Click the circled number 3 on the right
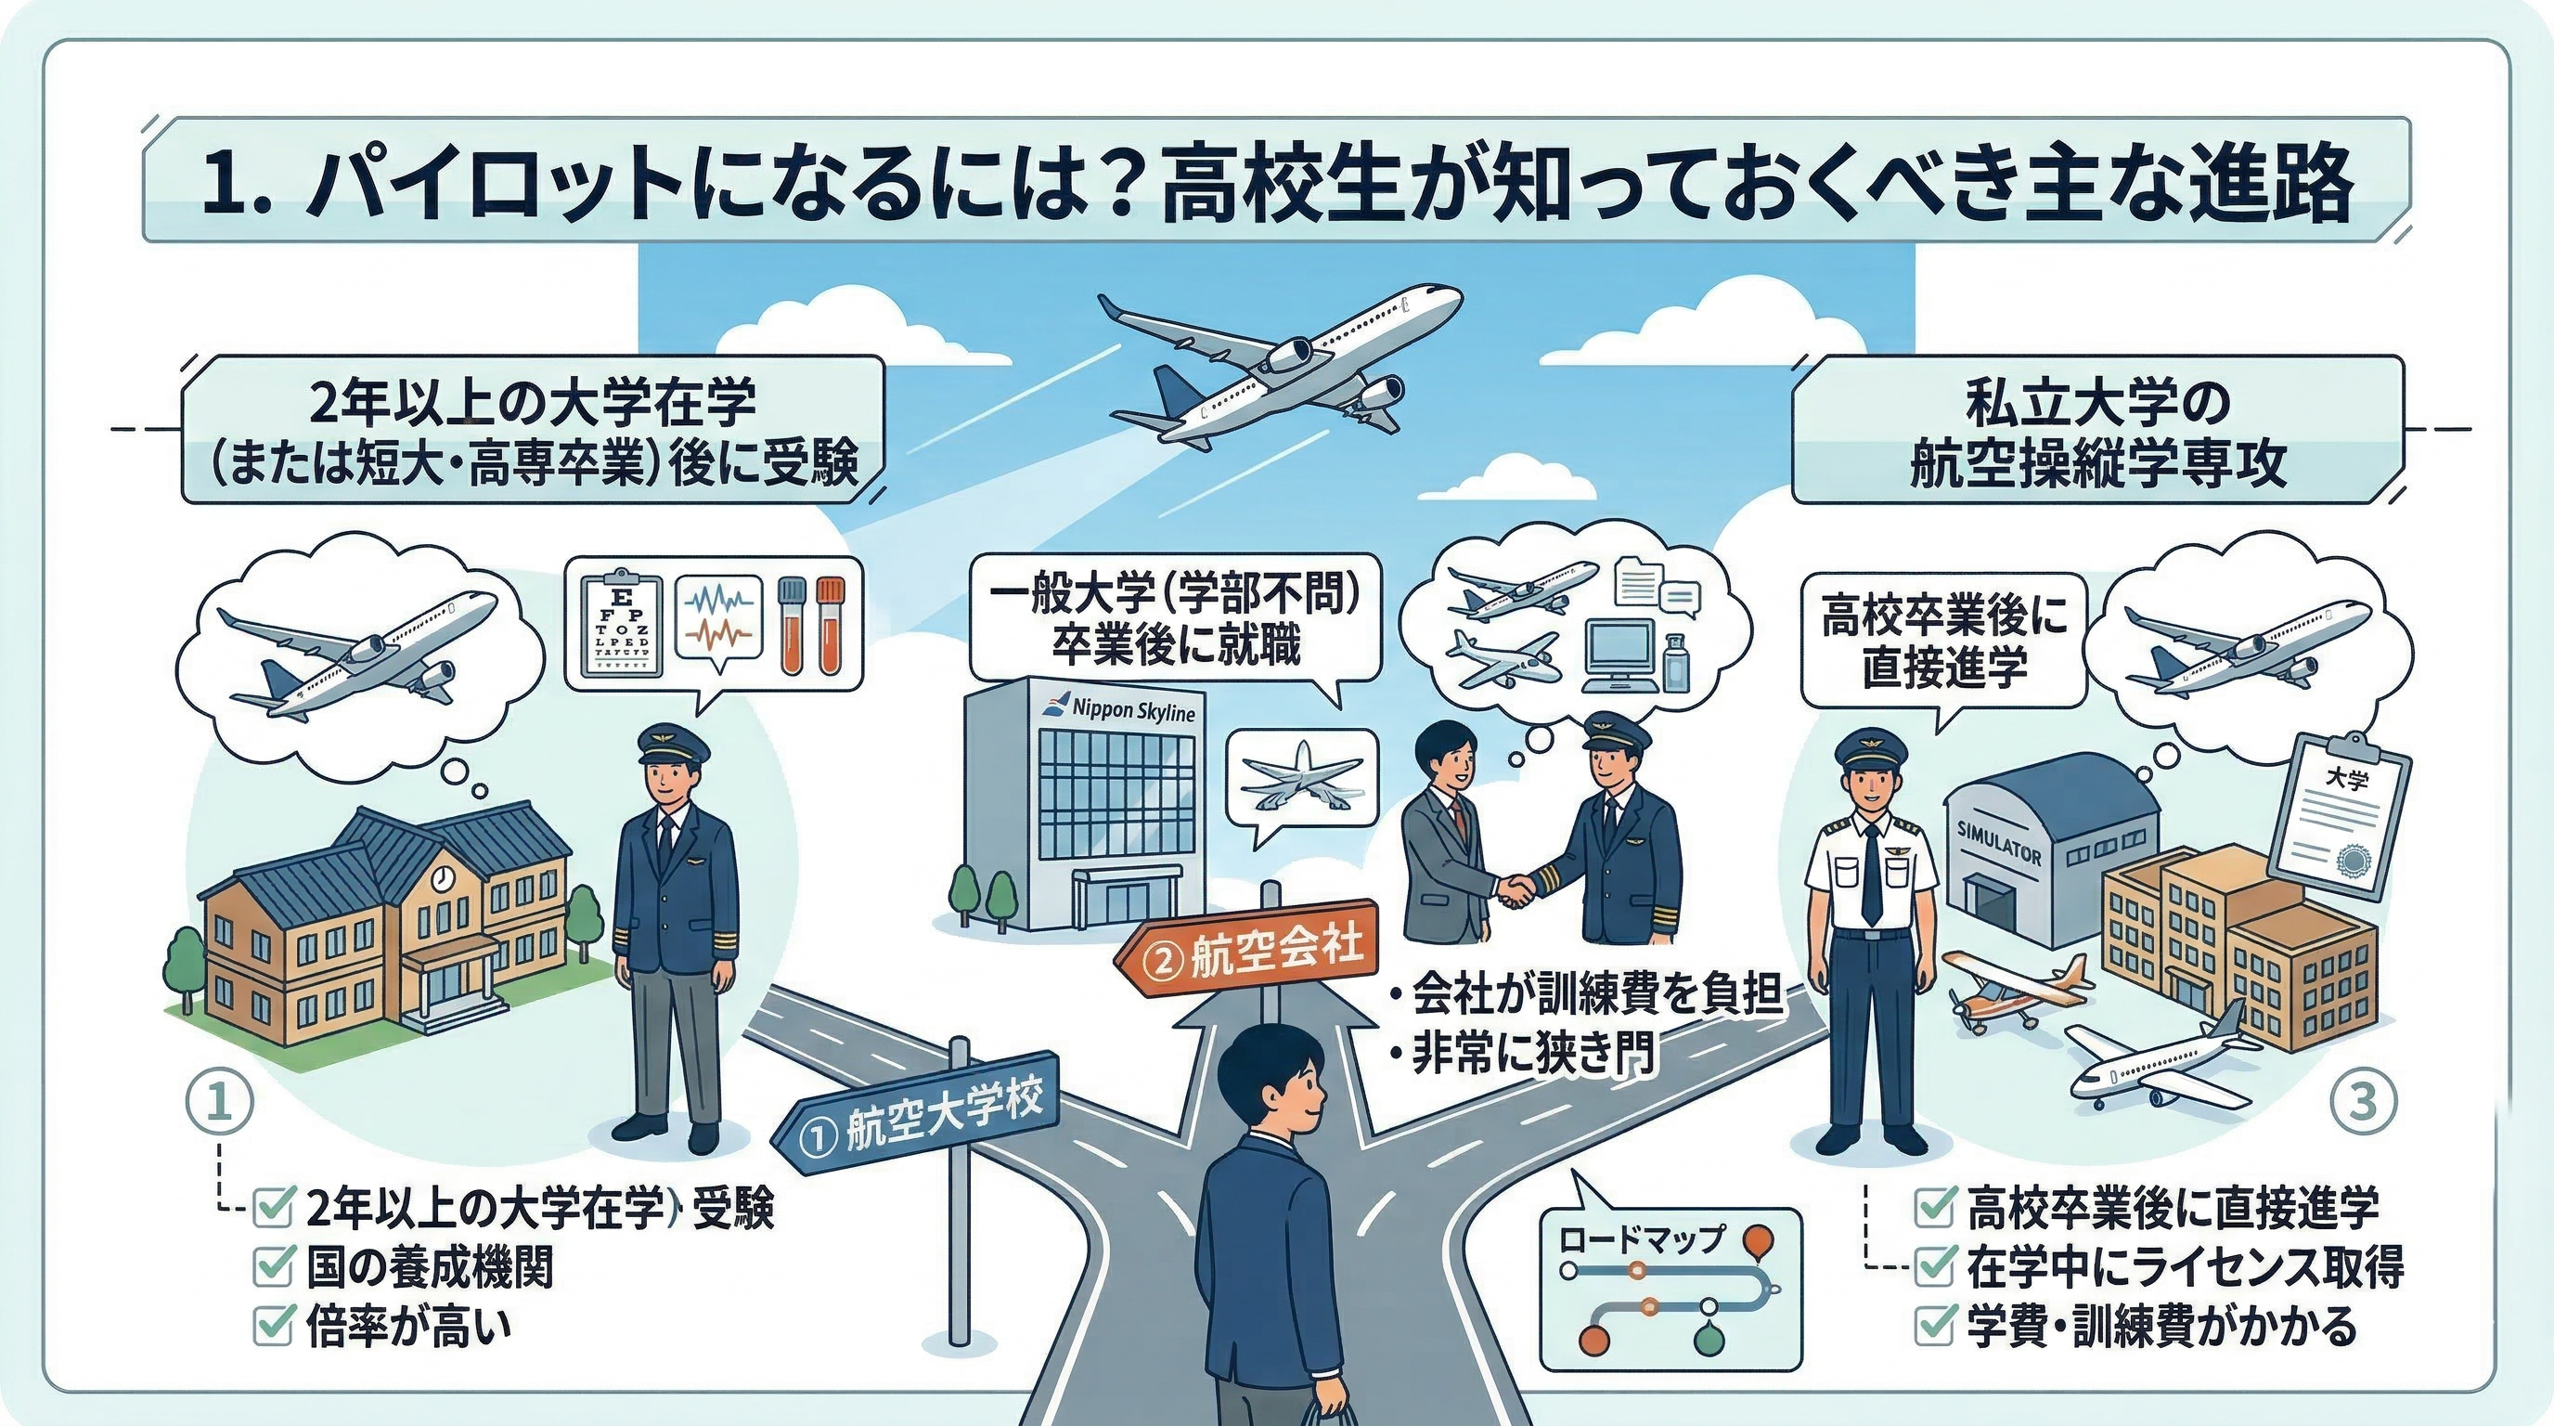[x=2363, y=1101]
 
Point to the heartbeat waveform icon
[x=717, y=621]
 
